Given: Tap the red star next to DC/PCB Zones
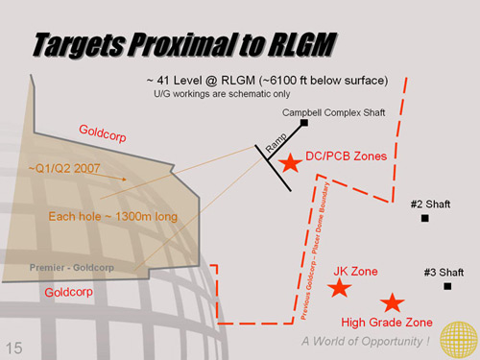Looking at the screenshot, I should (290, 164).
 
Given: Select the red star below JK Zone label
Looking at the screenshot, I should (341, 288).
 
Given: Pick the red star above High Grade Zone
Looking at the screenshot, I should (391, 303).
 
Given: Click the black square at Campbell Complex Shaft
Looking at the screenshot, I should (303, 123).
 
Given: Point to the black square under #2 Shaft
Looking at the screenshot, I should (424, 219).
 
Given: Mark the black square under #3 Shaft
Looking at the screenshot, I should (446, 286).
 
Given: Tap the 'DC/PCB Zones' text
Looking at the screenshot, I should (347, 156).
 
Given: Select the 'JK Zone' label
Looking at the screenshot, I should (355, 271).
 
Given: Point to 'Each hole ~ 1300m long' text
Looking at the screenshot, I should (113, 217).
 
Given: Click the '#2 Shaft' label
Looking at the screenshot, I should (429, 204).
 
